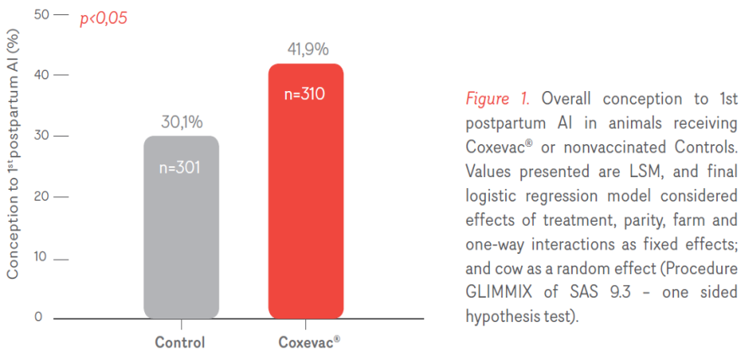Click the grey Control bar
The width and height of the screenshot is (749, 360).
[x=181, y=228]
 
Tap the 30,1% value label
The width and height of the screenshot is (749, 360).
[x=181, y=122]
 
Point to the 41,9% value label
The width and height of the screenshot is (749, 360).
[x=305, y=49]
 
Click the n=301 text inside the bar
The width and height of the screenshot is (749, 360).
[x=181, y=167]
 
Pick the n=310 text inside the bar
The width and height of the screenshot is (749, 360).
[x=305, y=94]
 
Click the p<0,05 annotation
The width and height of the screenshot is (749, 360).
[x=103, y=18]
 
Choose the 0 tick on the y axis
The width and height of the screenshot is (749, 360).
[x=38, y=318]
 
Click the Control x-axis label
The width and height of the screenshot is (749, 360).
[x=180, y=343]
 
